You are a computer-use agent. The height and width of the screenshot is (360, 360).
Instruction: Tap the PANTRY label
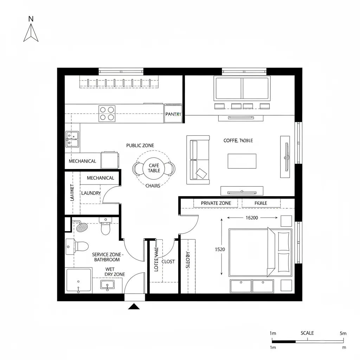173,114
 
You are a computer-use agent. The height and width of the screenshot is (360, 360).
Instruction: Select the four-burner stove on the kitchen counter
107,113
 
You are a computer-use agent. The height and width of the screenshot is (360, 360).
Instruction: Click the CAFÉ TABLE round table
154,168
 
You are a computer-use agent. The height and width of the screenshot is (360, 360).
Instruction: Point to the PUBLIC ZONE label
140,146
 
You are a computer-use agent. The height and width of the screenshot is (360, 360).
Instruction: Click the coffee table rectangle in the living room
242,161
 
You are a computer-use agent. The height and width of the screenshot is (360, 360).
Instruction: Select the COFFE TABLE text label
238,141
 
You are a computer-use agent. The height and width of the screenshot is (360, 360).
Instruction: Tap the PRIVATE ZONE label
216,203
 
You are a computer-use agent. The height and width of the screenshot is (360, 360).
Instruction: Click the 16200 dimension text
251,218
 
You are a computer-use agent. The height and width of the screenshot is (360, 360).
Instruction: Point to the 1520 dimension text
220,249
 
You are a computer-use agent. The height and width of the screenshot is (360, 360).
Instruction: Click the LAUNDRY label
91,193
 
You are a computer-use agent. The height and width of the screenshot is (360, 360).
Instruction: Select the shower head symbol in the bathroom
82,227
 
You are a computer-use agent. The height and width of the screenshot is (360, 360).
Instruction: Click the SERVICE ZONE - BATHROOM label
107,257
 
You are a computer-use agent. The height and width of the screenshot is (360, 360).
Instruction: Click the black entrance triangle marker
134,307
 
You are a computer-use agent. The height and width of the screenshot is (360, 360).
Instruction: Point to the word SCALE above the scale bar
307,333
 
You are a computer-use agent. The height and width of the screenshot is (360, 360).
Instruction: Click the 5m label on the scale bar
343,333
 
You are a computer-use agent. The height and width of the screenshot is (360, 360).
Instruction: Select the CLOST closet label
168,262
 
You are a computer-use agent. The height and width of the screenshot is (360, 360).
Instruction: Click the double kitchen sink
72,139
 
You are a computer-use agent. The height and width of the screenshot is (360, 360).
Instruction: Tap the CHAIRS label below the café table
153,186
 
